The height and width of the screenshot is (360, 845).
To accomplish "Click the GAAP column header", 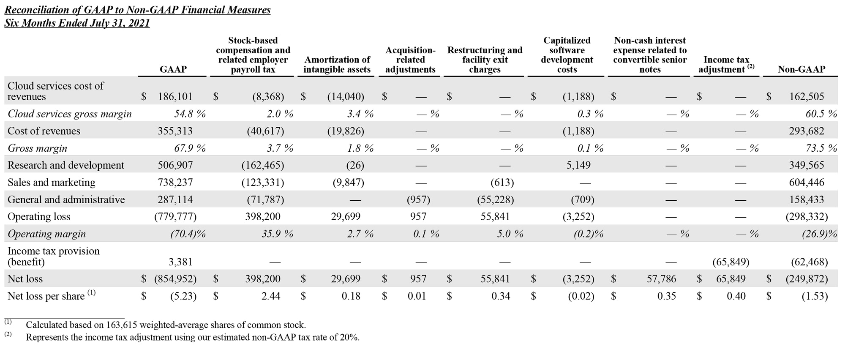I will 173,69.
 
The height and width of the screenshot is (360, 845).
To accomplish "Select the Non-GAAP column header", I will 801,69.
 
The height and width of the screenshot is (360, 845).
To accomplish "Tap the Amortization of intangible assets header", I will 337,65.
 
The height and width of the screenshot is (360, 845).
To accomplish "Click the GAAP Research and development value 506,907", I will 175,165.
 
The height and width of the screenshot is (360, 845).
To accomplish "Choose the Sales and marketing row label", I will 52,183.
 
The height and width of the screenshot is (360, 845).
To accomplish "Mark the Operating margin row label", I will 46,234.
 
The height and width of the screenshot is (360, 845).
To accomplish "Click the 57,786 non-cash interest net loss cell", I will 661,279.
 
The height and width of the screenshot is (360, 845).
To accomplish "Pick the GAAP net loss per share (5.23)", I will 183,296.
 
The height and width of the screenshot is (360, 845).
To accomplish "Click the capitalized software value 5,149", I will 578,165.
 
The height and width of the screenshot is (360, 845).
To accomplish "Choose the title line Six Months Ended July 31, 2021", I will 77,23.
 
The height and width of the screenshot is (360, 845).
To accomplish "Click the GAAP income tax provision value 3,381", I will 180,262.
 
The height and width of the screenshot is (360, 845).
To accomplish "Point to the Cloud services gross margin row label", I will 70,114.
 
